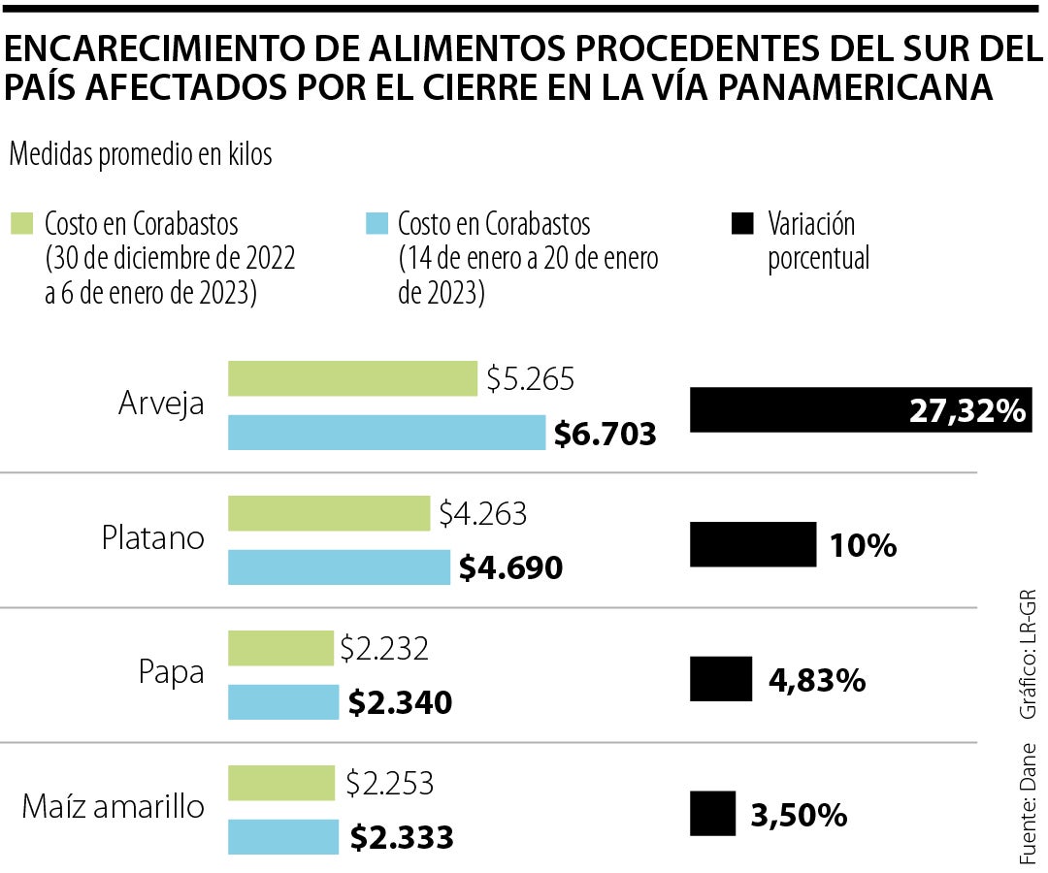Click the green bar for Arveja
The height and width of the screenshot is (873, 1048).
(x=352, y=378)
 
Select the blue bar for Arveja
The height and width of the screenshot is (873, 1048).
(x=387, y=433)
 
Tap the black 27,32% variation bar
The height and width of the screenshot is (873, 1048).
(x=796, y=409)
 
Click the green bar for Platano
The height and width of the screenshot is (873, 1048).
(x=329, y=513)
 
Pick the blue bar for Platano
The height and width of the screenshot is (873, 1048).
(x=339, y=567)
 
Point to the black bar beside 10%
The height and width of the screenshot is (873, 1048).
(x=752, y=543)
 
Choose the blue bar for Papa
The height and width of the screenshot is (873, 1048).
(x=283, y=701)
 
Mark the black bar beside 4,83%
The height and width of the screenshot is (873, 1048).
(x=721, y=678)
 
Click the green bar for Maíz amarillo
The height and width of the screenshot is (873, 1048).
(x=281, y=783)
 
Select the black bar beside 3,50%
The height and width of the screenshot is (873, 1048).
(x=713, y=813)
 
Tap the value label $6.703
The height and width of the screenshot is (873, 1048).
(x=605, y=434)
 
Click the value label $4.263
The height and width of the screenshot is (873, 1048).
(x=482, y=513)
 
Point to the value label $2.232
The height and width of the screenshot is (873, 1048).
(x=384, y=648)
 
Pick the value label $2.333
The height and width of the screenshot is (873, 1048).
(x=401, y=837)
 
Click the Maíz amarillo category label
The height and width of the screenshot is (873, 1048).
(x=113, y=806)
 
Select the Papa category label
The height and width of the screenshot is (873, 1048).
(x=172, y=672)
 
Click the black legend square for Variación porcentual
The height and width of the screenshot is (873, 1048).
(x=741, y=224)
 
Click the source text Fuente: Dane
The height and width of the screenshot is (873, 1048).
(x=1028, y=804)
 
